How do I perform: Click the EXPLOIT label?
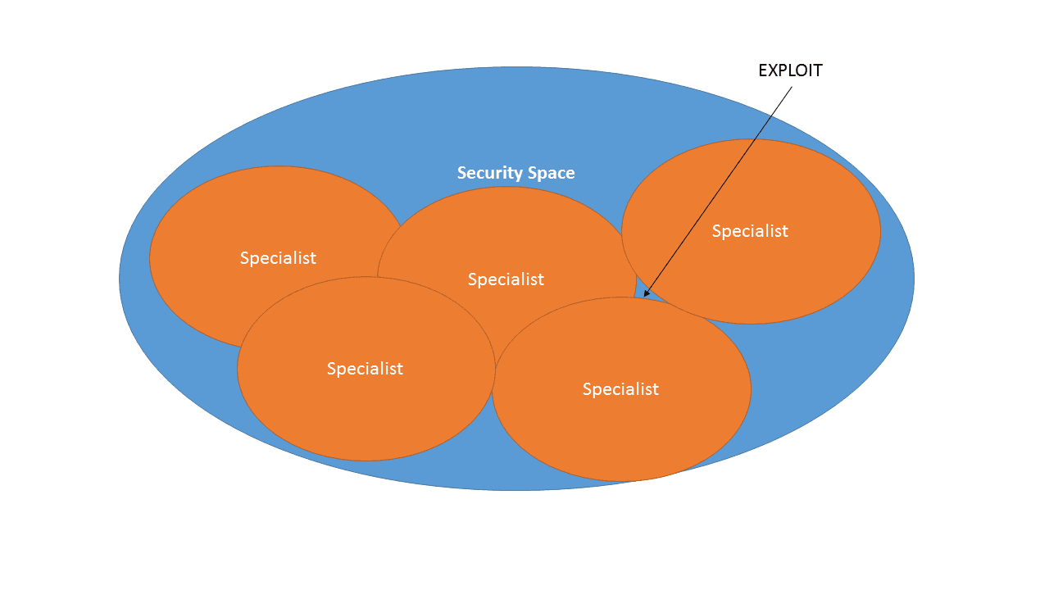[x=790, y=70]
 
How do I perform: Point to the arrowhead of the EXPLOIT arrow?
[x=645, y=295]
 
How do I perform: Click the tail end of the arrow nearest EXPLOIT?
[x=792, y=87]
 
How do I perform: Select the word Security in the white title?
[x=488, y=173]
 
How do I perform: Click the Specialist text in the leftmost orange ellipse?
[x=278, y=257]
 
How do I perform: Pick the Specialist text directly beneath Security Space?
[x=506, y=279]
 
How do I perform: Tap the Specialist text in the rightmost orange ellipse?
[x=750, y=231]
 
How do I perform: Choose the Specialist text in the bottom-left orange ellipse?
[x=365, y=369]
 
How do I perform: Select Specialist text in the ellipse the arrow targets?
[x=620, y=389]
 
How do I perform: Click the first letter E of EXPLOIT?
[x=763, y=70]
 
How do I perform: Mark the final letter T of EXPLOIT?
[x=817, y=70]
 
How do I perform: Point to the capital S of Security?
[x=461, y=173]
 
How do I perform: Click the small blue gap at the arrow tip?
[x=642, y=293]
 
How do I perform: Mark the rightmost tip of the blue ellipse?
[x=913, y=279]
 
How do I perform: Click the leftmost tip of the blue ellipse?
[x=120, y=279]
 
